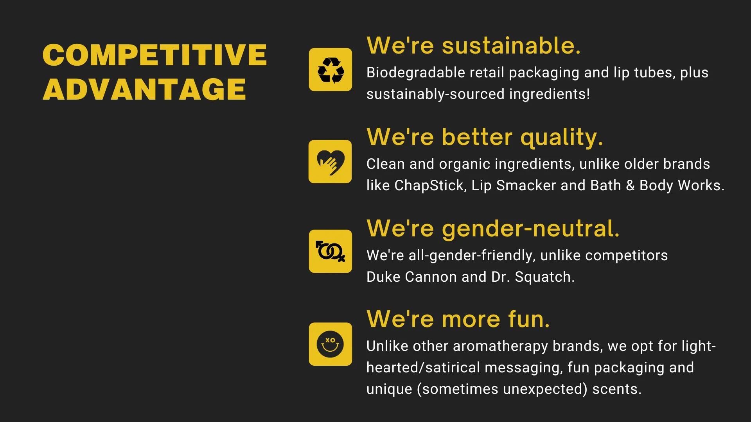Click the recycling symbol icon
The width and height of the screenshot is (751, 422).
click(x=331, y=70)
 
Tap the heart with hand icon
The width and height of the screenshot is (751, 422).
click(x=330, y=161)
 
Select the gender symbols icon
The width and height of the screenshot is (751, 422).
click(x=331, y=251)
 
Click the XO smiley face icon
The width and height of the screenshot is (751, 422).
click(x=331, y=344)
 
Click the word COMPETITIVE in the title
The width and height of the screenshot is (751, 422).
click(x=155, y=55)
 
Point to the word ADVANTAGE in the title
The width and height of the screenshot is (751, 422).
click(x=144, y=89)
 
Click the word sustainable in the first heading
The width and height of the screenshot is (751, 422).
click(x=511, y=45)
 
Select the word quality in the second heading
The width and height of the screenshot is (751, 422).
click(x=562, y=138)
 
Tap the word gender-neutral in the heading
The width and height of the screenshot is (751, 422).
click(x=530, y=229)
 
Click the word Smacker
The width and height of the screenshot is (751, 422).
click(x=526, y=186)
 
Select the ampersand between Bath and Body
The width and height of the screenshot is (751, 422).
click(x=630, y=186)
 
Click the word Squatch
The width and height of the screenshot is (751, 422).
click(x=544, y=277)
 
